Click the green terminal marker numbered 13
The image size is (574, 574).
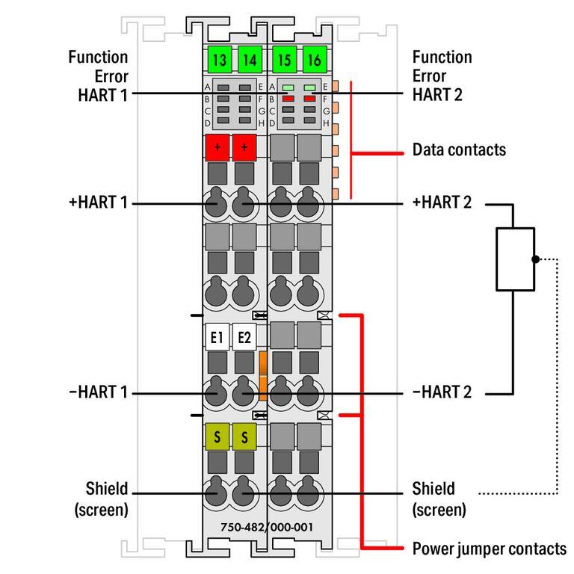click(x=220, y=59)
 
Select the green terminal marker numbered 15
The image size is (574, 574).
click(x=283, y=59)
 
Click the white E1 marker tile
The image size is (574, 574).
click(x=217, y=337)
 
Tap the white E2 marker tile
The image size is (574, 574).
click(x=244, y=337)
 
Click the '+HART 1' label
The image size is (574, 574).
click(x=98, y=203)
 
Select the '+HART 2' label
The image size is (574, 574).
click(x=442, y=203)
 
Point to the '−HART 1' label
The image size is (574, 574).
click(x=98, y=392)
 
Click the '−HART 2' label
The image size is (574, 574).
click(x=442, y=392)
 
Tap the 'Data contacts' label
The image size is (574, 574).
click(x=459, y=149)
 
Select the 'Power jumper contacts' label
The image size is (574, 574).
click(x=489, y=549)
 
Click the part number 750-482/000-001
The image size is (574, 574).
click(x=267, y=527)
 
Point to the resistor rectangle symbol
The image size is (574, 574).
click(x=515, y=259)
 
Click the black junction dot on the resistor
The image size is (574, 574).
click(x=534, y=259)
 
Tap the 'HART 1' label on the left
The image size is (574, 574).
click(x=102, y=94)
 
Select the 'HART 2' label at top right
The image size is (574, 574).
click(x=437, y=94)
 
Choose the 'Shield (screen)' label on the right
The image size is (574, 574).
click(x=439, y=499)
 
